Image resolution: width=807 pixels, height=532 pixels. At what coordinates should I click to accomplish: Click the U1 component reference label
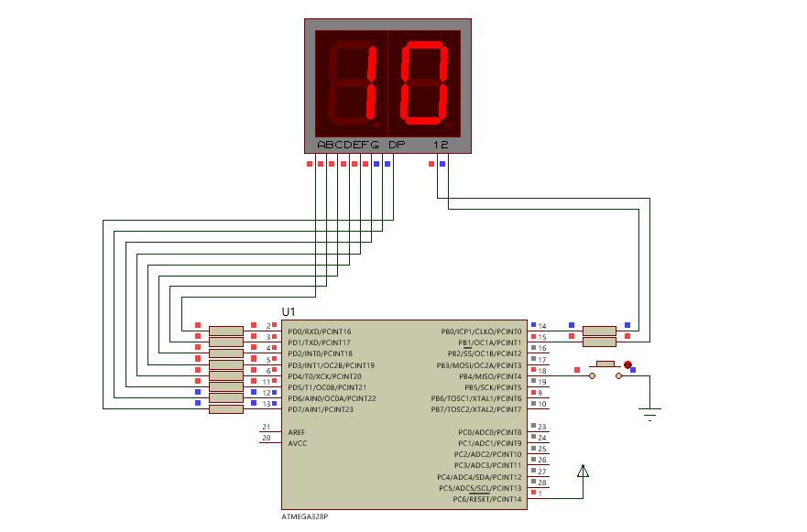(x=289, y=313)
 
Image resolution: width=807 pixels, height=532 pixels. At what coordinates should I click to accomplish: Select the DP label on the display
(x=396, y=145)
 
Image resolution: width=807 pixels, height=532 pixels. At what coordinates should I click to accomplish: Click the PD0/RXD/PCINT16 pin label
(x=319, y=331)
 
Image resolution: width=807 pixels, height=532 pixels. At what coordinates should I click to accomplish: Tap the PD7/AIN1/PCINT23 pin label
(x=320, y=409)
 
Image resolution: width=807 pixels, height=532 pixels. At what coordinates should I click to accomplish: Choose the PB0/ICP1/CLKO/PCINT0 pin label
(x=481, y=331)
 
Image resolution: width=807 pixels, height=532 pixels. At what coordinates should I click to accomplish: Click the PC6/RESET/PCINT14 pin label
(x=486, y=499)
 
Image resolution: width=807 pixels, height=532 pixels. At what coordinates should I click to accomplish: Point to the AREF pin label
(x=296, y=432)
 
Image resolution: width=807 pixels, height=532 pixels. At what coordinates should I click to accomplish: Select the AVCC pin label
(x=297, y=443)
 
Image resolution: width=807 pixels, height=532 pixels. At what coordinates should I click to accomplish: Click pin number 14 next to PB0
(x=542, y=327)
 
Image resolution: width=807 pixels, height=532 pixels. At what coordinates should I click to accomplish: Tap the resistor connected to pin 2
(x=225, y=331)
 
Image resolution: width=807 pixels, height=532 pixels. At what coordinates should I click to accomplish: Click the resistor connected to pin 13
(x=225, y=408)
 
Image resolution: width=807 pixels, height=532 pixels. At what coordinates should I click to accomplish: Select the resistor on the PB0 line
(x=600, y=331)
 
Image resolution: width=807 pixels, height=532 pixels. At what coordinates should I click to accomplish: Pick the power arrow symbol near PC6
(x=583, y=472)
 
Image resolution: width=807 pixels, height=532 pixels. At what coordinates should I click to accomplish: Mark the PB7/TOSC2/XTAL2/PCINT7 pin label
(x=476, y=409)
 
